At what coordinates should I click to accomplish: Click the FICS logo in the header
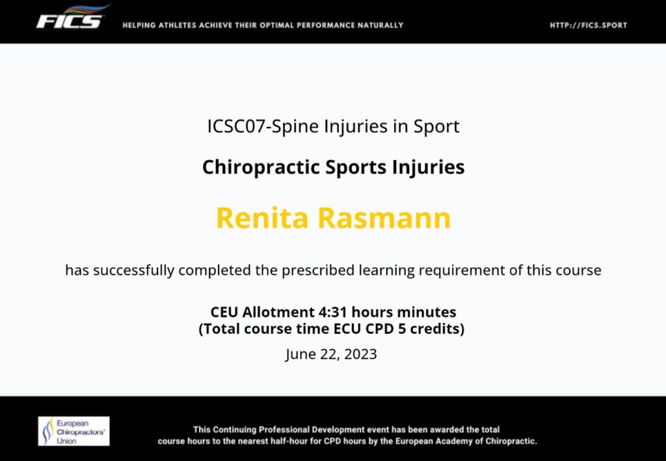point(73,18)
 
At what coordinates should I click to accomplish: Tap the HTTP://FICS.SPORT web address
point(588,25)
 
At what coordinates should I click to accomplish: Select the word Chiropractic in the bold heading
point(260,167)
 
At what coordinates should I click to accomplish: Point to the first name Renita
point(262,217)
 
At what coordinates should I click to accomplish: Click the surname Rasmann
point(384,217)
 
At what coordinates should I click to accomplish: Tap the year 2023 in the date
point(360,354)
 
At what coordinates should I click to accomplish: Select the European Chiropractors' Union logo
point(73,431)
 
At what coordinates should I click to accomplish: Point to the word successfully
point(133,270)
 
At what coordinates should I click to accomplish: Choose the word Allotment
point(278,312)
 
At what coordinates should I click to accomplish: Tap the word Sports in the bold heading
point(356,167)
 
